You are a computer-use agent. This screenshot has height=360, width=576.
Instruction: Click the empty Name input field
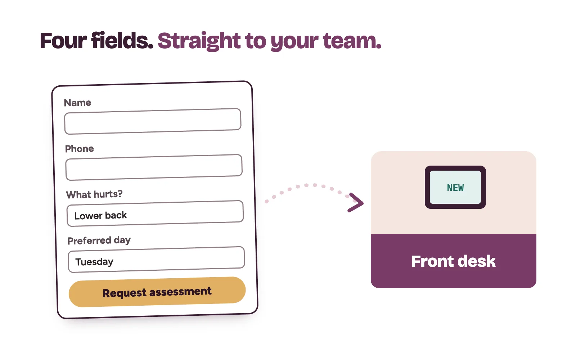[153, 121]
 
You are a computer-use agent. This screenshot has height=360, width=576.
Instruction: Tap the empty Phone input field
[154, 167]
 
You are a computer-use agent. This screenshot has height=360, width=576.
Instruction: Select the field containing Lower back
[155, 213]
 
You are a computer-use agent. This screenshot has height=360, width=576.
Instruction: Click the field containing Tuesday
[156, 260]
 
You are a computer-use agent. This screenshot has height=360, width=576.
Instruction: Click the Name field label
[77, 103]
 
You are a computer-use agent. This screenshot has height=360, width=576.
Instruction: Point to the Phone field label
[80, 149]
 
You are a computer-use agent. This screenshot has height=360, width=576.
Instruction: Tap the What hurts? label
[94, 194]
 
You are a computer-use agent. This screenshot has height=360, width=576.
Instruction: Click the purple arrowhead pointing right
[356, 203]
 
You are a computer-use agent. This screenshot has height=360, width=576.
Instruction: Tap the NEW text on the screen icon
[455, 188]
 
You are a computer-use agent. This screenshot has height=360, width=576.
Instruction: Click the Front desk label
[453, 261]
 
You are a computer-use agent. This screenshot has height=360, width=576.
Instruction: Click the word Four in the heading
[63, 41]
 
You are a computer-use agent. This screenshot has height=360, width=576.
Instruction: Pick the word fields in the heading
[122, 40]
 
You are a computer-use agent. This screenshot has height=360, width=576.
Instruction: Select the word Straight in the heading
[199, 41]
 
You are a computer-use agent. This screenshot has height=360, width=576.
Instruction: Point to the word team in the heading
[352, 41]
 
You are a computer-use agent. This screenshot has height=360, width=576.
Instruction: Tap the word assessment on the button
[180, 292]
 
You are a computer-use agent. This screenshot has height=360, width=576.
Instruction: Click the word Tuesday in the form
[94, 262]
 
